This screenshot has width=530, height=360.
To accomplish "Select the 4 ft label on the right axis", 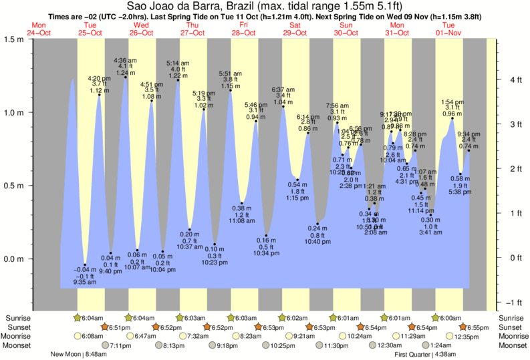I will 515,79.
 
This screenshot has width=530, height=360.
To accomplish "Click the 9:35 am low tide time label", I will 85,283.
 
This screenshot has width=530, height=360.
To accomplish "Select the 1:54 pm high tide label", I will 452,102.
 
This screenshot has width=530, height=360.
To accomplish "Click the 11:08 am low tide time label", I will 242,220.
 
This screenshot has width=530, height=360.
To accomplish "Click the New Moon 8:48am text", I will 74,355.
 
